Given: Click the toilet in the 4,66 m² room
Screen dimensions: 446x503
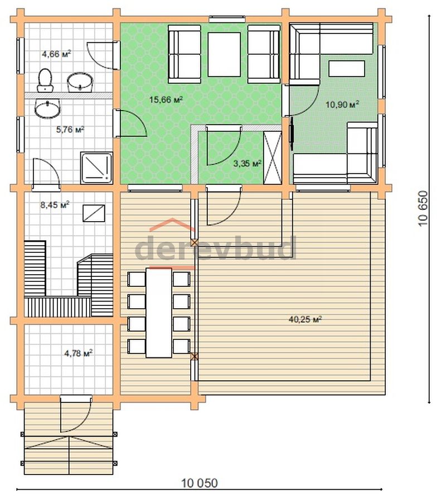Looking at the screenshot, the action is (45, 80).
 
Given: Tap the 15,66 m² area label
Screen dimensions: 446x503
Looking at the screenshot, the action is (166, 99).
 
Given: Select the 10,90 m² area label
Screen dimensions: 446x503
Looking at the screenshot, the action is (342, 104).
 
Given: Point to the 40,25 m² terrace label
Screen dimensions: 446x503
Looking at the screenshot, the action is (305, 319).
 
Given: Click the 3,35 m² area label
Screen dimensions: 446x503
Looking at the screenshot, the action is (248, 164).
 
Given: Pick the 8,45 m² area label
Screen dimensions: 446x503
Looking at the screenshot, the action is (55, 205).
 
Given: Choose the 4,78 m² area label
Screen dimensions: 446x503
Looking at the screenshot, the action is (79, 353).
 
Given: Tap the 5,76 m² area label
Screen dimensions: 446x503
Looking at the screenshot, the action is (70, 130).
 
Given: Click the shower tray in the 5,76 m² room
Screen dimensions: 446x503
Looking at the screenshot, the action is (96, 168).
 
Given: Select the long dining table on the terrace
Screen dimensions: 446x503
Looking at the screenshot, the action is (158, 313).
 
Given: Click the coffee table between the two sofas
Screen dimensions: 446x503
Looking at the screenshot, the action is (224, 54).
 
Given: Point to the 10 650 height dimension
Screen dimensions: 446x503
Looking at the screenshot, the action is (423, 209).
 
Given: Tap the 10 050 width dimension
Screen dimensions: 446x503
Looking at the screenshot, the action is (199, 483).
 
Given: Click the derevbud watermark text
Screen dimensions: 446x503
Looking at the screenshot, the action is (215, 248).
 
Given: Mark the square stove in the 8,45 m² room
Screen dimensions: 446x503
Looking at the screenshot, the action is (94, 213).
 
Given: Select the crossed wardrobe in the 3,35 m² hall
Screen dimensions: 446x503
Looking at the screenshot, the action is (273, 157).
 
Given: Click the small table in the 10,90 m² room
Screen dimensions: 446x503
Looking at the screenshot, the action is (347, 69).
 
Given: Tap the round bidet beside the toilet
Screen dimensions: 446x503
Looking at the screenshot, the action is (80, 83).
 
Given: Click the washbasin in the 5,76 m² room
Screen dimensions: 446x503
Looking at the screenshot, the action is (47, 108).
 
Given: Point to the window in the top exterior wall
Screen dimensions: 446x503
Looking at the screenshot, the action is (227, 19).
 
